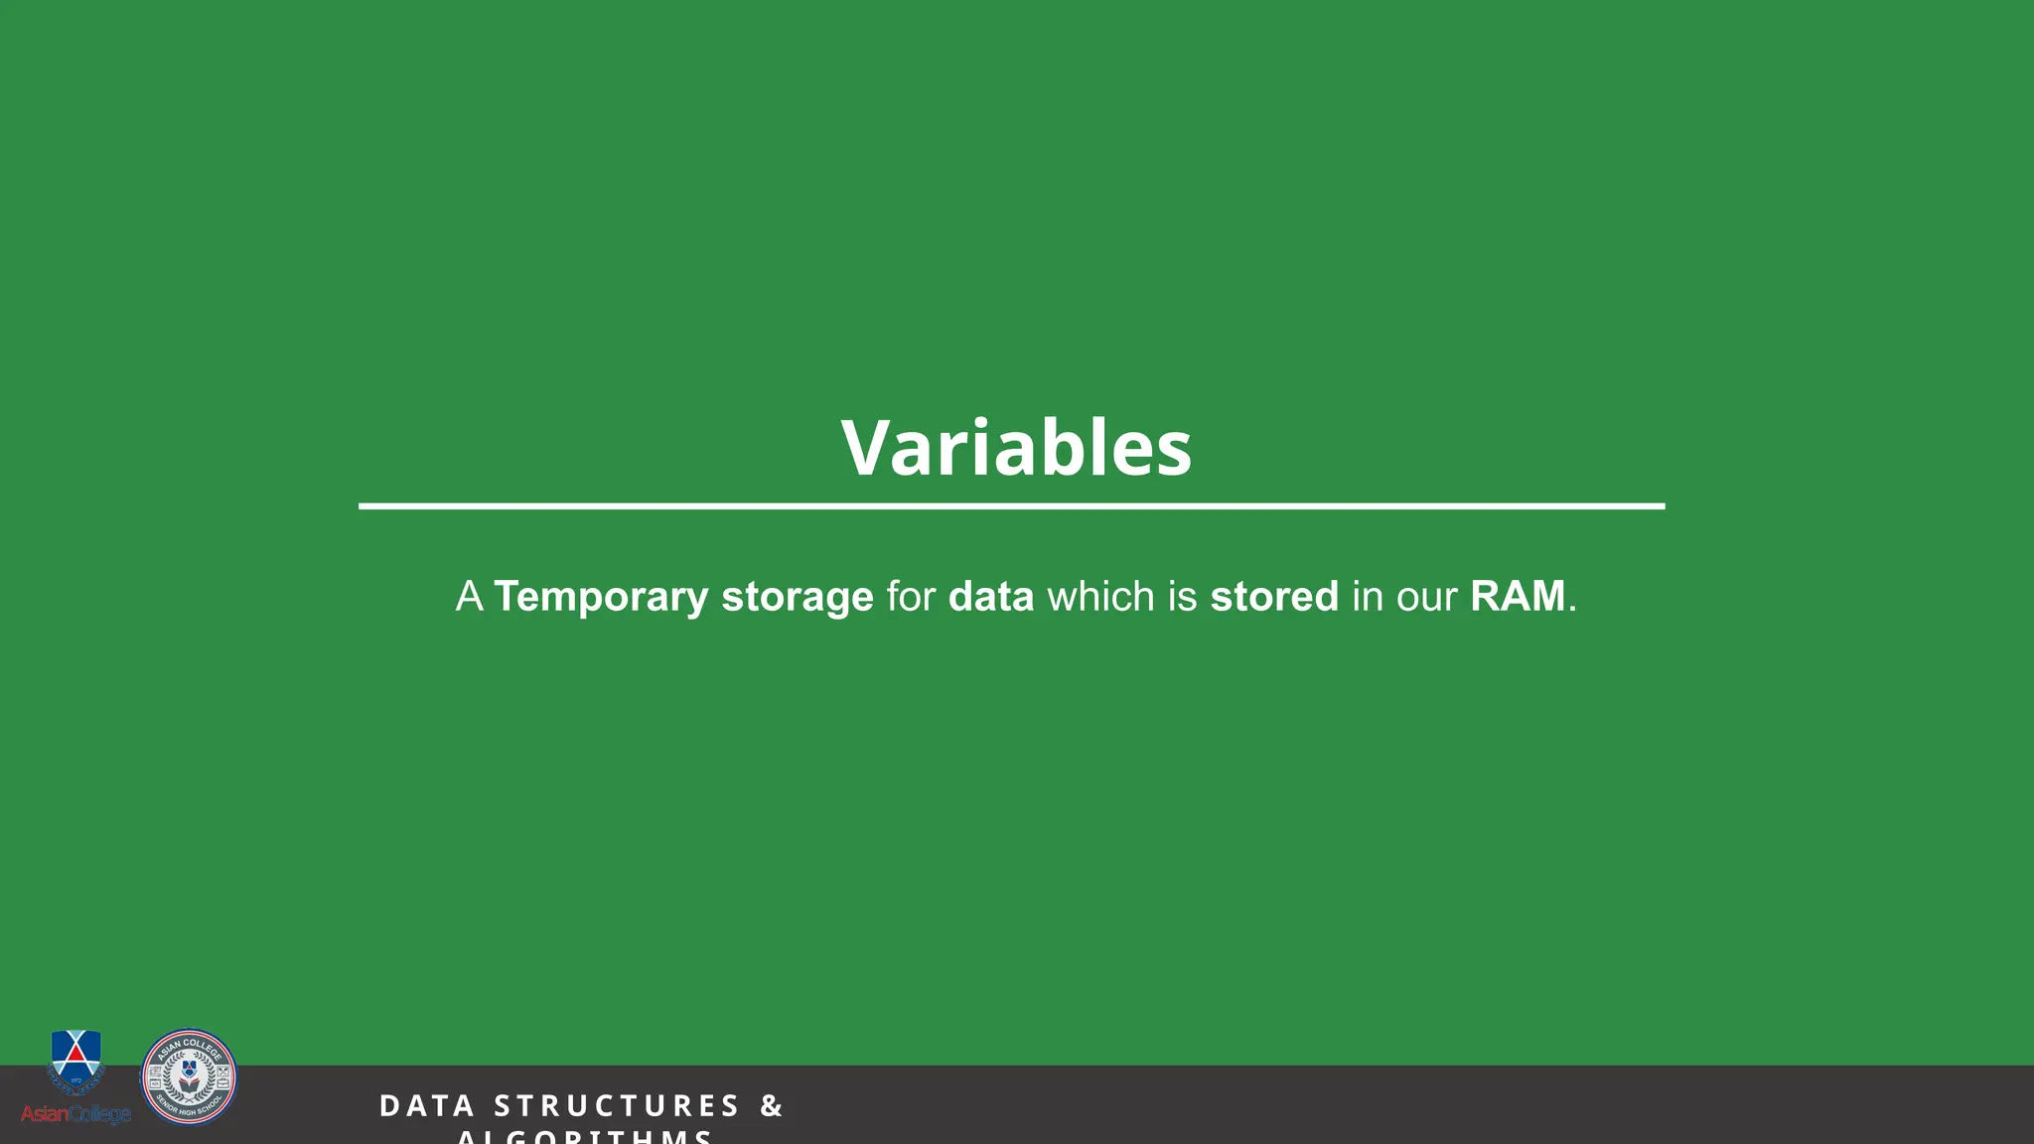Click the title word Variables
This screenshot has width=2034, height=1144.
pyautogui.click(x=1016, y=448)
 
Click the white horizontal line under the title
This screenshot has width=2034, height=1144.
pyautogui.click(x=1011, y=506)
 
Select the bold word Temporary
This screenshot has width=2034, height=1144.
pyautogui.click(x=601, y=597)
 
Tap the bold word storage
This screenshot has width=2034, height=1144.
pyautogui.click(x=798, y=597)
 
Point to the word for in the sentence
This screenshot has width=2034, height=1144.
pyautogui.click(x=911, y=597)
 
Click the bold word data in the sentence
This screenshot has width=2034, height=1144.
pyautogui.click(x=991, y=597)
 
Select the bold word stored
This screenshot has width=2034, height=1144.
pyautogui.click(x=1274, y=597)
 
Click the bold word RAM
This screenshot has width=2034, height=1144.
pyautogui.click(x=1518, y=597)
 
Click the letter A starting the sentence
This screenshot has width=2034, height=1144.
pyautogui.click(x=469, y=597)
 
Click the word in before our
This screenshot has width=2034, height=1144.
pyautogui.click(x=1368, y=597)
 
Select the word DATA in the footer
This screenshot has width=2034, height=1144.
pyautogui.click(x=427, y=1106)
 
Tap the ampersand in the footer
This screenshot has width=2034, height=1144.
pyautogui.click(x=772, y=1106)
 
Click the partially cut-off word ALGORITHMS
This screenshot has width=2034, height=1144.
pyautogui.click(x=585, y=1136)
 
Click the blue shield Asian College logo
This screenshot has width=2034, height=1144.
pyautogui.click(x=75, y=1061)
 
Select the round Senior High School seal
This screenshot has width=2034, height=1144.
pyautogui.click(x=189, y=1076)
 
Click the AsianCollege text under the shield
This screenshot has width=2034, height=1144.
pyautogui.click(x=75, y=1114)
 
